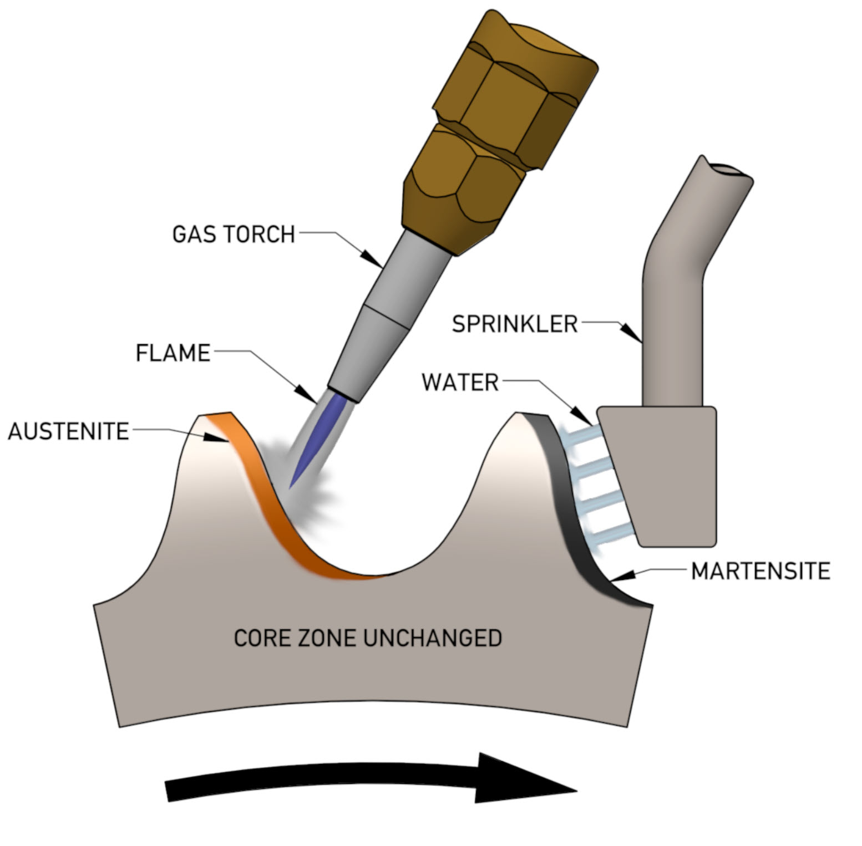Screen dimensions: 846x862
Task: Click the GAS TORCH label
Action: (x=234, y=234)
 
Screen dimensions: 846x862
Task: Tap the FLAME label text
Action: (x=173, y=353)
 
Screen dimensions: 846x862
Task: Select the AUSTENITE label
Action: (x=68, y=431)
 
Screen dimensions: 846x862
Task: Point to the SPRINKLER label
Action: (x=515, y=324)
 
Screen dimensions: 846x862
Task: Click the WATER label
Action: (x=460, y=383)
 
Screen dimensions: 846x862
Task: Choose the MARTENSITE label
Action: (x=760, y=571)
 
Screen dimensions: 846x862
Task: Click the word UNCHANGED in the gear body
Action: (x=432, y=638)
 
